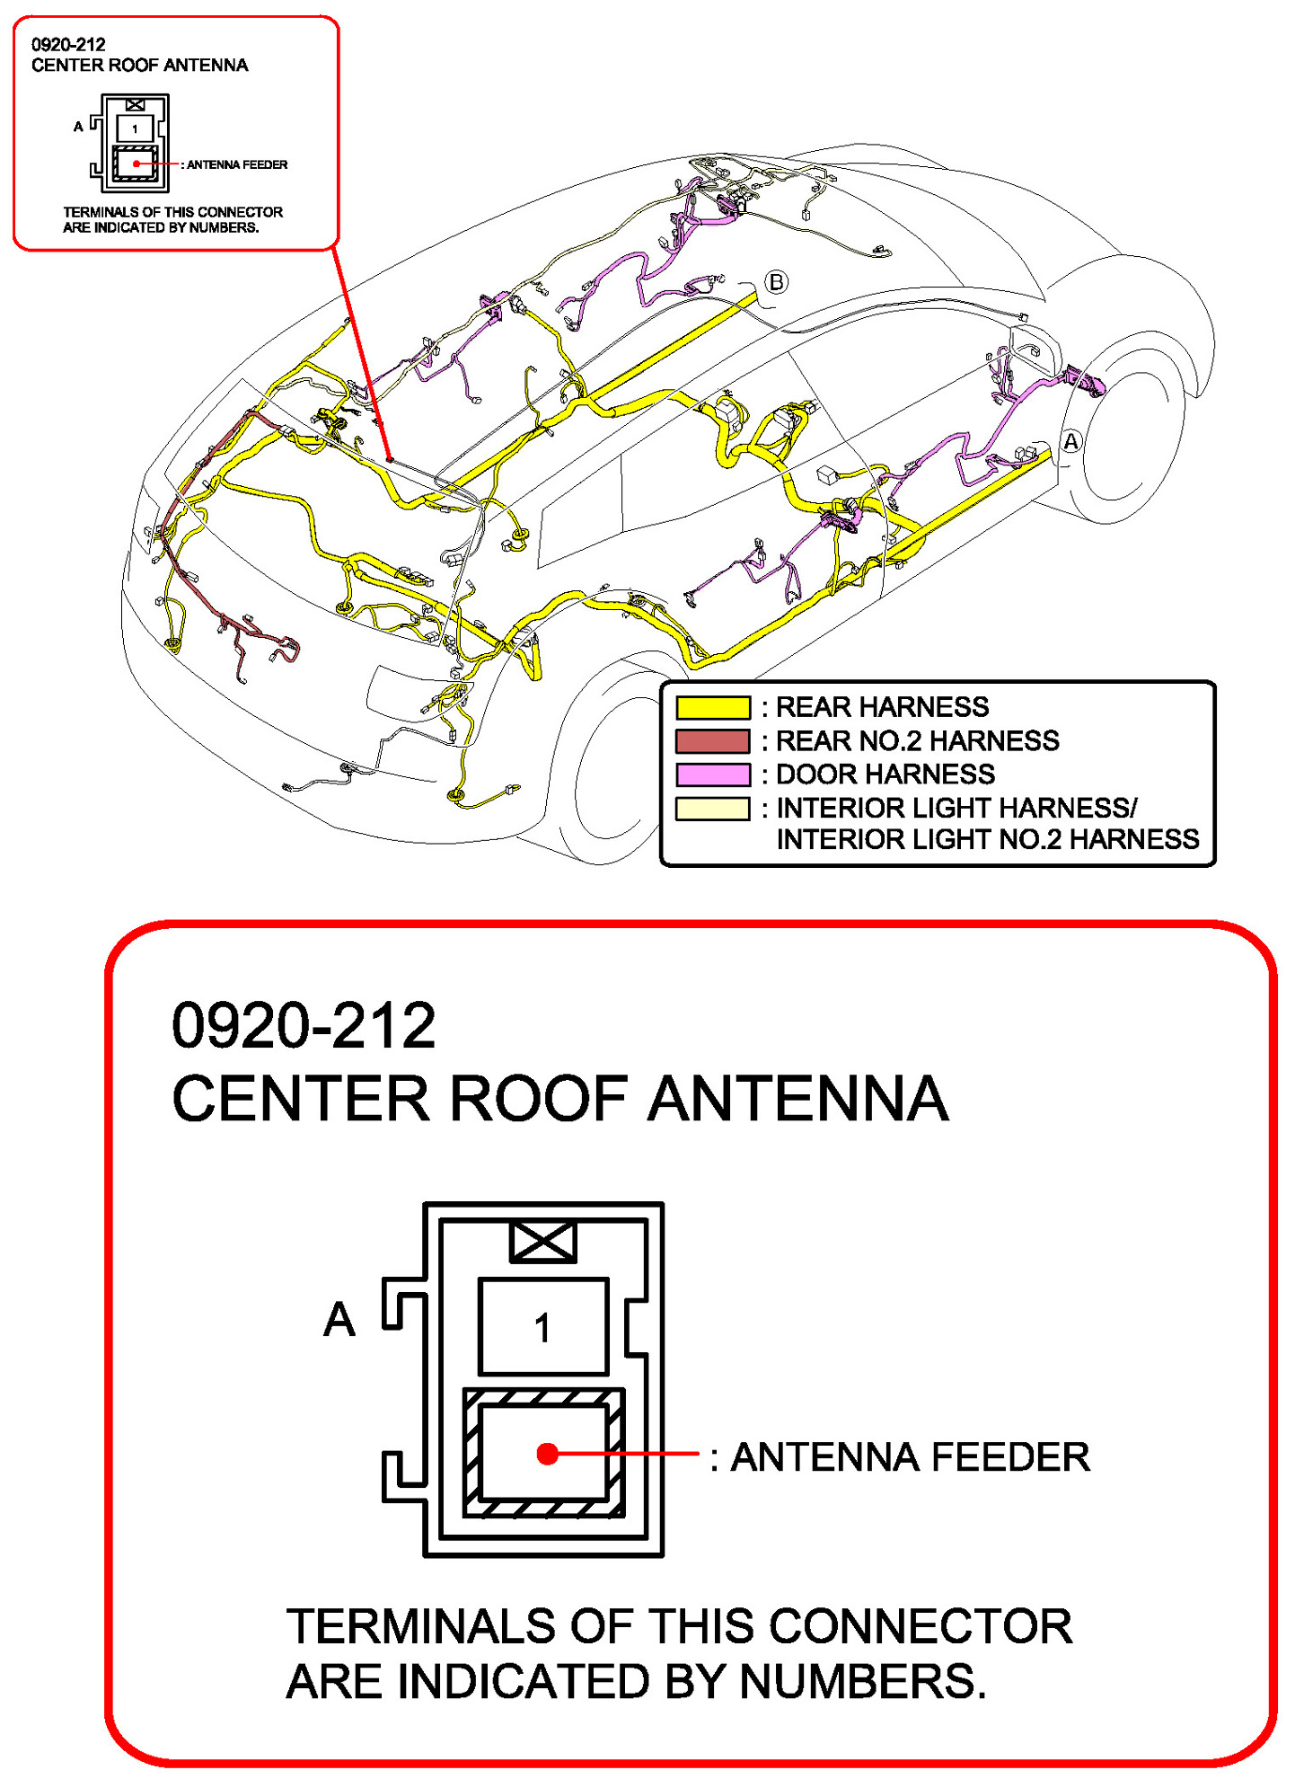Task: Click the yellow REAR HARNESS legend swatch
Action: (712, 708)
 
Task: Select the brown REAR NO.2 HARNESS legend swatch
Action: (712, 741)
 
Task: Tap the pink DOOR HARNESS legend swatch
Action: (712, 774)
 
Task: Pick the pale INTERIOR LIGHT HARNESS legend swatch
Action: (712, 809)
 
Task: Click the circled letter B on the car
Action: (776, 282)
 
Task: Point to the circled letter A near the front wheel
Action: (1070, 442)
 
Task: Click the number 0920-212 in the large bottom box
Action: (304, 1025)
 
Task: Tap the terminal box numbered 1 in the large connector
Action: (542, 1326)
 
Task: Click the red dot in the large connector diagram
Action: (547, 1454)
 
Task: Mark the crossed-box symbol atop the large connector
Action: (542, 1242)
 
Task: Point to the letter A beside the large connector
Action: (339, 1320)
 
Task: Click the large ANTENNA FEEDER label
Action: (910, 1457)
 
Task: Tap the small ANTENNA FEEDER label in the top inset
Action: (237, 164)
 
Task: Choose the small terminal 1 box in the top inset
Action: (135, 128)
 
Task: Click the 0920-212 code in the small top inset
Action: (68, 44)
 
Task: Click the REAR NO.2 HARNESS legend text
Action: (917, 741)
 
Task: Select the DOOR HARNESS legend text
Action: (885, 774)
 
